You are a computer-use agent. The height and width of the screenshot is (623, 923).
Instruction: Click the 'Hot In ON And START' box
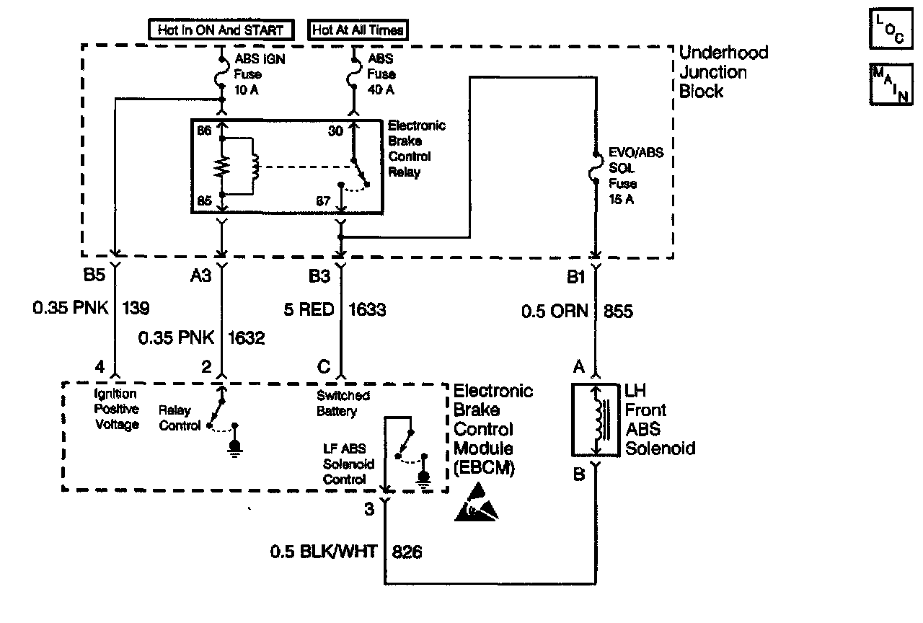point(221,30)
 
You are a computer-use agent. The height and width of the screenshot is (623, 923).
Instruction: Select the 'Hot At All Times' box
point(358,30)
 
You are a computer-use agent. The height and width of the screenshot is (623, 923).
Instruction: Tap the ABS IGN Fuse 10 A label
point(258,74)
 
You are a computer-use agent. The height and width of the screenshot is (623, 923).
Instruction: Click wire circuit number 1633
point(368,310)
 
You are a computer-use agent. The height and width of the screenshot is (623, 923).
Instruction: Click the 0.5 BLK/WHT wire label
point(324,552)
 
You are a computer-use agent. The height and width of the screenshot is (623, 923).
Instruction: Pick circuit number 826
point(407,552)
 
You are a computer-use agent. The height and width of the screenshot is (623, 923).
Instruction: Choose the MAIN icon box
point(888,85)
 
